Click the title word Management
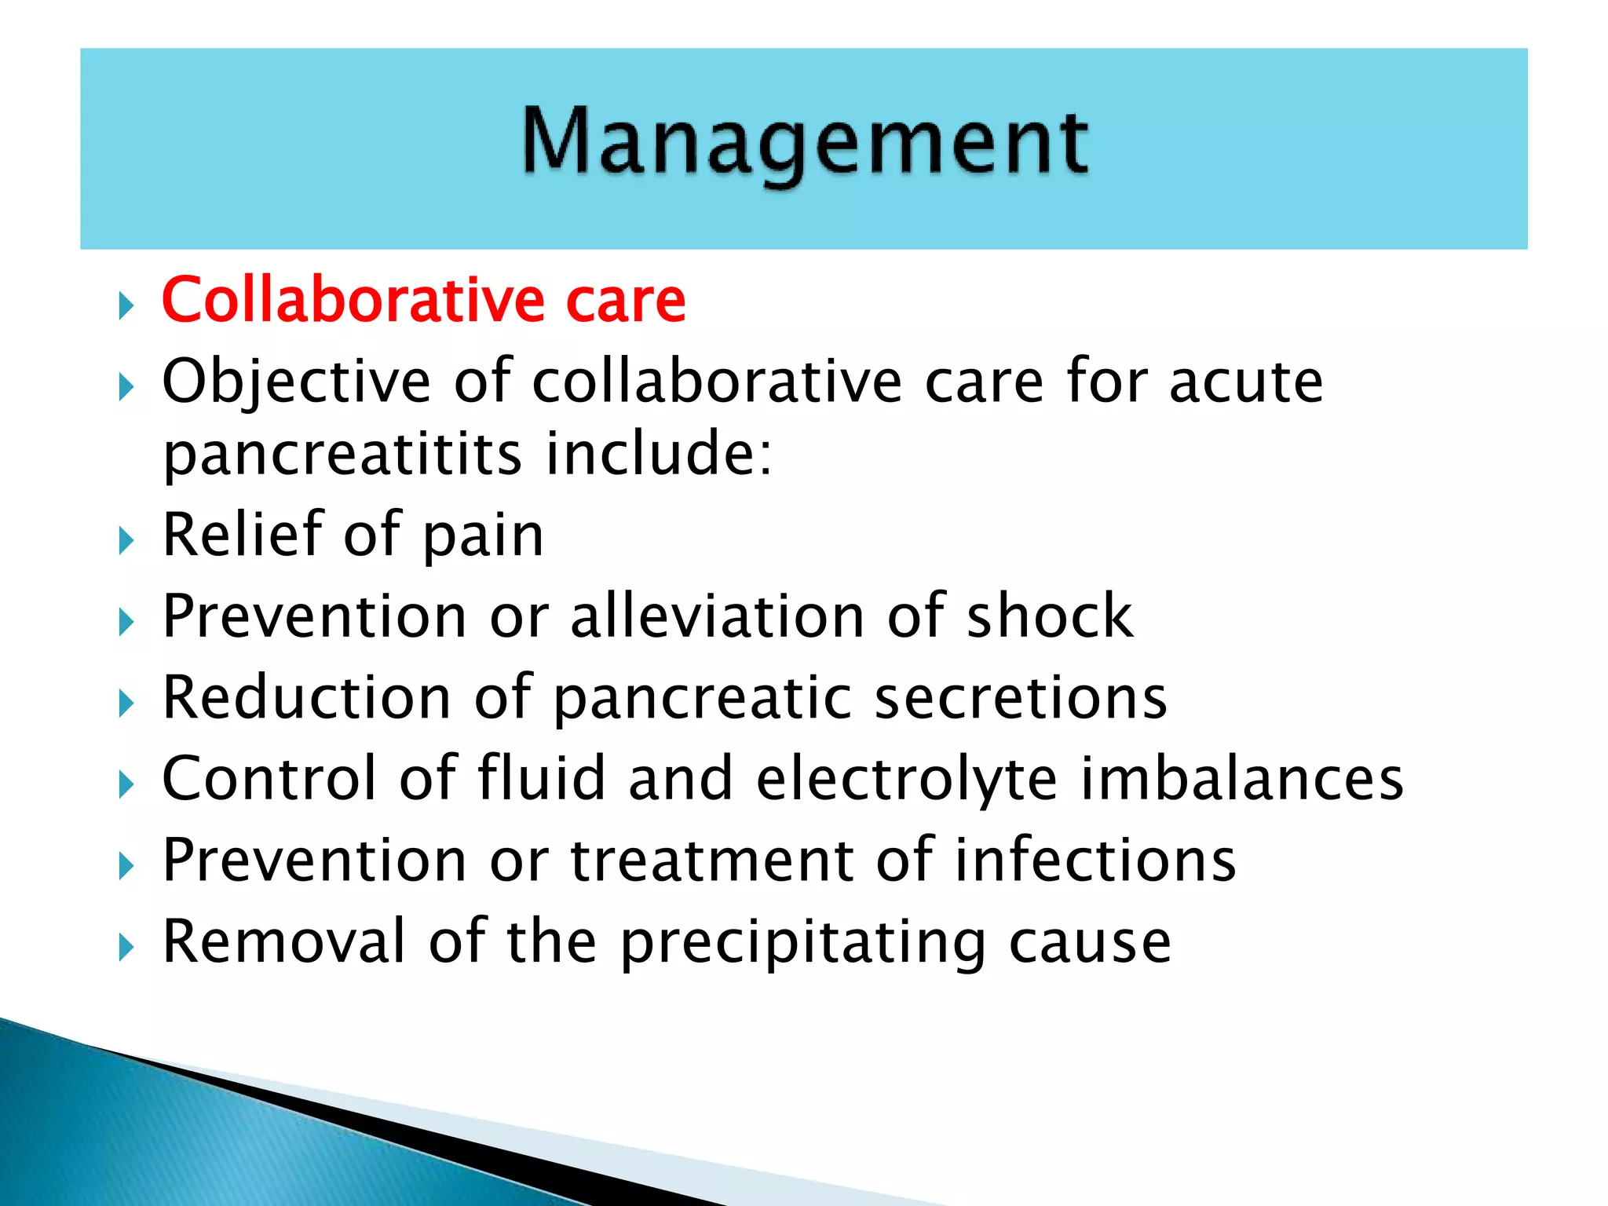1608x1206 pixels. click(805, 143)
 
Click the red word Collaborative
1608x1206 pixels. click(353, 300)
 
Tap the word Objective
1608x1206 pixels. click(297, 382)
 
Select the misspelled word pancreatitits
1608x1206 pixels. click(342, 455)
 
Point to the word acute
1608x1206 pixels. click(1246, 382)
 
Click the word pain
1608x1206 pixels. click(483, 536)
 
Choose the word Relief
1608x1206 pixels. click(243, 535)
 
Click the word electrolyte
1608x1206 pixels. click(907, 779)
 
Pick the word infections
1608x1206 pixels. click(1095, 861)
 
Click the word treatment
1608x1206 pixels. click(711, 861)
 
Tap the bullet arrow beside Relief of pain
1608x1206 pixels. click(126, 540)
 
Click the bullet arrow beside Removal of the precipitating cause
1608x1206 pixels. click(126, 948)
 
